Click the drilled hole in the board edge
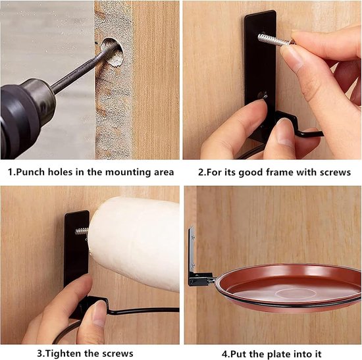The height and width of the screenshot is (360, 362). point(113,52)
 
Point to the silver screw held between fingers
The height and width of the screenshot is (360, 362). point(276,40)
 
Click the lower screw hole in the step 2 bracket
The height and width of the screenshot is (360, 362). point(262,95)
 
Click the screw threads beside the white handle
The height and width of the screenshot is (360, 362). point(82,231)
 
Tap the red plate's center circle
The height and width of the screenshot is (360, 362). point(296,294)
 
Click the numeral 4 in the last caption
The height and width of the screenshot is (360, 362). point(224,354)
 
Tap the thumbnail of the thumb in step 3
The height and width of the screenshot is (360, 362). point(99,312)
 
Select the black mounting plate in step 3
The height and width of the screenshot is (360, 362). point(76,249)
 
